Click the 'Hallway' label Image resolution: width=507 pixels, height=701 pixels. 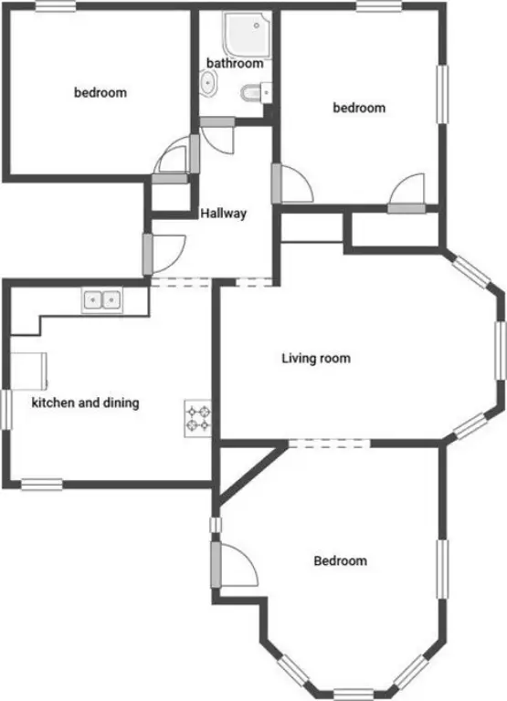click(223, 214)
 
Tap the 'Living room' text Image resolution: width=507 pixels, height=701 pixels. click(316, 358)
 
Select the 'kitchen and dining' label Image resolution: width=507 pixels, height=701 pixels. click(86, 403)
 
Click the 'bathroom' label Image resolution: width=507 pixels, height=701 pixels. click(235, 63)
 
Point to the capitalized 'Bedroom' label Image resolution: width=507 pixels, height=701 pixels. click(340, 560)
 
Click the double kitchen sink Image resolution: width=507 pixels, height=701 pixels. click(102, 300)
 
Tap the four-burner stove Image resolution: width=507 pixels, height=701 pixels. click(198, 418)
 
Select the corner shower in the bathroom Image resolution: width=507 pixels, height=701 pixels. click(247, 35)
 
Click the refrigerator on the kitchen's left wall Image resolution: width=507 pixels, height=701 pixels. click(28, 371)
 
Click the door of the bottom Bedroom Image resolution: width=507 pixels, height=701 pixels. click(235, 564)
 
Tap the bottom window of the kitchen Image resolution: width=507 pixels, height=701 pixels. click(42, 485)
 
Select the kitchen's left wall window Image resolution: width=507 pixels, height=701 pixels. click(5, 410)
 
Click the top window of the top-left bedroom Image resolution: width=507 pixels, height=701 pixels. click(56, 5)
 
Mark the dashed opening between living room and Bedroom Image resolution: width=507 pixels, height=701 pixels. click(330, 444)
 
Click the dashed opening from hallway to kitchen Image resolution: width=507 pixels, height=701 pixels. click(180, 283)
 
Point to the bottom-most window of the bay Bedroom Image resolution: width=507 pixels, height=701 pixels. click(354, 695)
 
